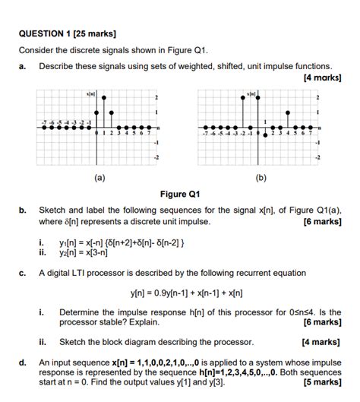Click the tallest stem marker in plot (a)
[104, 97]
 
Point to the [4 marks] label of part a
[322, 78]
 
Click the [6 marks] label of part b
[322, 222]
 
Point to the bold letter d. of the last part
[24, 363]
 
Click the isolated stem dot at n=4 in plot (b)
[286, 112]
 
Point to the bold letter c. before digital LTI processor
[24, 273]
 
